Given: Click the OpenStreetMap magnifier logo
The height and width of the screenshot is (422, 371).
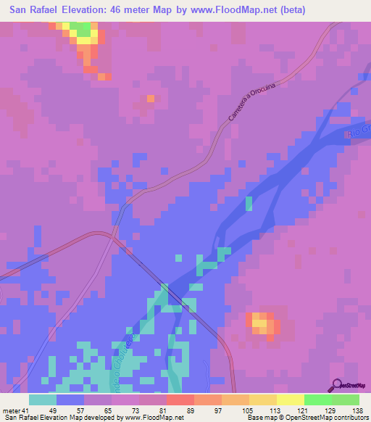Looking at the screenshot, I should pos(337,385).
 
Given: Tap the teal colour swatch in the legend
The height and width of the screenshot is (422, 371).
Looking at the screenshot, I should pos(43,400).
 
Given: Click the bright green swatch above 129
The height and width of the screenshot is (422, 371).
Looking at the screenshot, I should pos(318,400).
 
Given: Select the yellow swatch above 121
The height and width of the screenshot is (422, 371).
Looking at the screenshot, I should pos(291,400).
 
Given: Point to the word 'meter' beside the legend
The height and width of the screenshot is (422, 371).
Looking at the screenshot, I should pos(10,410).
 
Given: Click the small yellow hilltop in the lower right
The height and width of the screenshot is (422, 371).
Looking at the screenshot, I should pos(259,323).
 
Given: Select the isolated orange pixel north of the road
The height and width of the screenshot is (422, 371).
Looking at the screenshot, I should pos(151,98).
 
